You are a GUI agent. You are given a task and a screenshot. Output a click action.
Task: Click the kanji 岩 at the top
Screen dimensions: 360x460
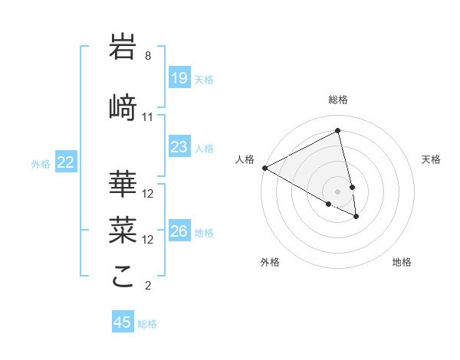(x=123, y=47)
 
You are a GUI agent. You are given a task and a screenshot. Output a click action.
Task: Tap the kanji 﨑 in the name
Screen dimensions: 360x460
(x=123, y=106)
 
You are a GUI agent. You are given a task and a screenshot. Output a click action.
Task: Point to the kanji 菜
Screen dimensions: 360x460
(x=123, y=230)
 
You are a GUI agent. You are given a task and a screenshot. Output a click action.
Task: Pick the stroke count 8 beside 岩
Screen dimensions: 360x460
(x=148, y=56)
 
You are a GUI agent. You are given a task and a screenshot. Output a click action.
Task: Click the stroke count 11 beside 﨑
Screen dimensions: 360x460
(x=147, y=117)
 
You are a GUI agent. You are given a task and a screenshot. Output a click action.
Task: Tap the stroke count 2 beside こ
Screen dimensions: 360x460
(x=148, y=286)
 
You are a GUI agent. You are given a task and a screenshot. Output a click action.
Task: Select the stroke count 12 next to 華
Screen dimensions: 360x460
(x=148, y=194)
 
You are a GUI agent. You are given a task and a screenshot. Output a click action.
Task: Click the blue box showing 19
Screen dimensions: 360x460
(x=179, y=78)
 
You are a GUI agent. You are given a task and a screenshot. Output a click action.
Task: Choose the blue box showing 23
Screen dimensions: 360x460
(x=179, y=147)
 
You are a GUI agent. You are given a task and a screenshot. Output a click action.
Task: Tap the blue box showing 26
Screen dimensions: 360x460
(x=179, y=231)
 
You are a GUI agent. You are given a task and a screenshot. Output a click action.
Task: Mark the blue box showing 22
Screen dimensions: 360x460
(x=66, y=162)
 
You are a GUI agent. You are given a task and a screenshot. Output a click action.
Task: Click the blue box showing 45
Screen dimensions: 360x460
(x=122, y=322)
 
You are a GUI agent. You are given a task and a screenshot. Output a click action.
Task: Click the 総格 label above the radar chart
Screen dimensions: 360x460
(x=338, y=100)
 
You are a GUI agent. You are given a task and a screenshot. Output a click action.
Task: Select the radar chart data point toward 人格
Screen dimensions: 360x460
(x=264, y=168)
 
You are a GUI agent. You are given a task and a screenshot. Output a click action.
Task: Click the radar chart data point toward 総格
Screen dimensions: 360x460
(x=338, y=131)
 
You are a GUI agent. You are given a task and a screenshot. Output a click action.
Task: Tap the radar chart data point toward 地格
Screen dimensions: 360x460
(x=356, y=217)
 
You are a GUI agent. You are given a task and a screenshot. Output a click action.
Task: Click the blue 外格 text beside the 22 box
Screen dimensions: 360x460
(x=41, y=163)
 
